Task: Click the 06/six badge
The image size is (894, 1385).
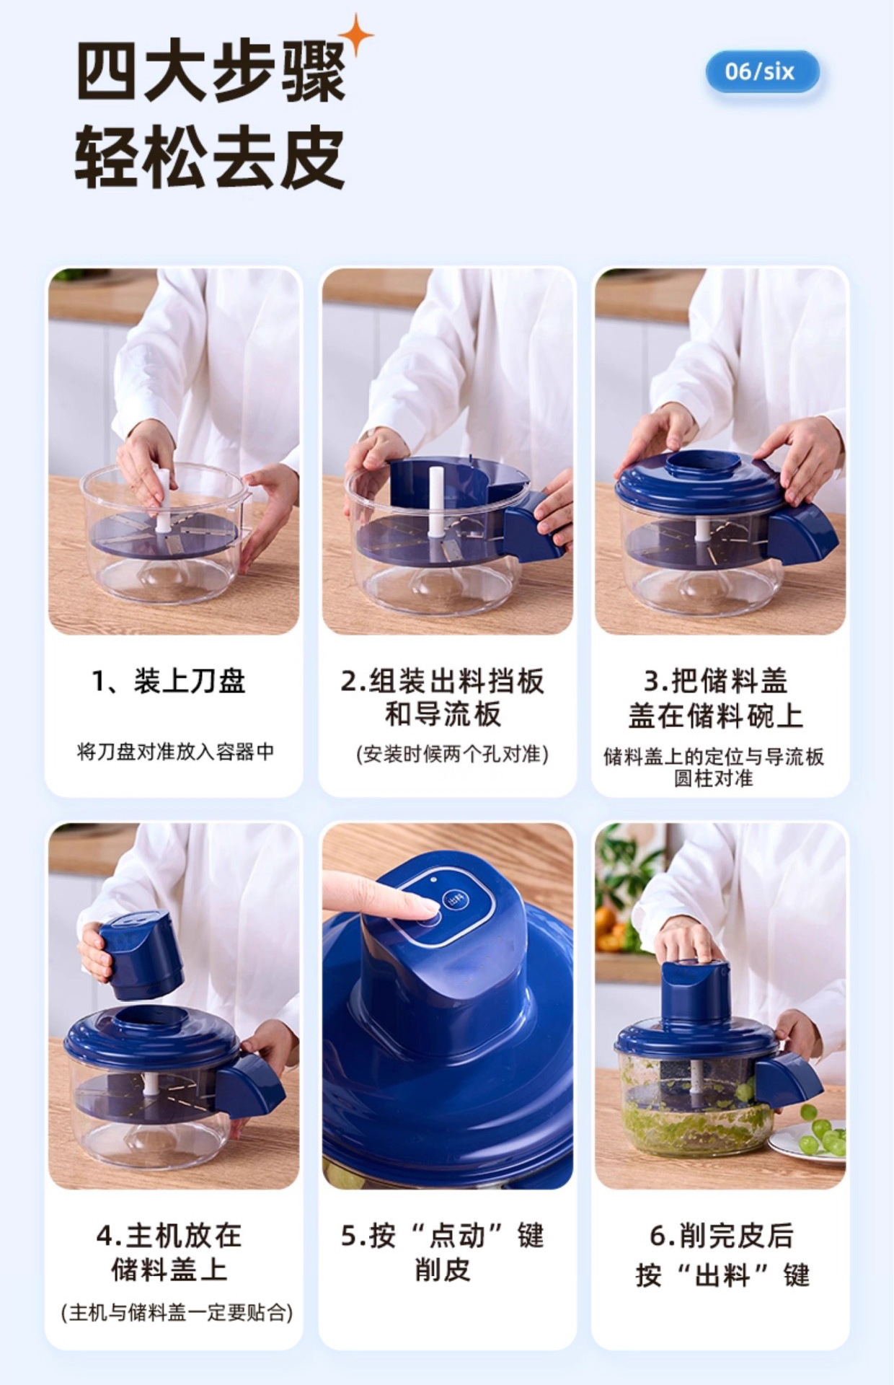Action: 762,71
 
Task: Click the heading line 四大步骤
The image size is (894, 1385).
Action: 211,73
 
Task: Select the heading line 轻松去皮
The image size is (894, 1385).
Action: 210,158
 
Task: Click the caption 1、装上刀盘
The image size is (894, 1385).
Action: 169,681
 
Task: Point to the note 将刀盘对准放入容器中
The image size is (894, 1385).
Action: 175,752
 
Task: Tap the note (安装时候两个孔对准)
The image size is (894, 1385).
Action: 452,754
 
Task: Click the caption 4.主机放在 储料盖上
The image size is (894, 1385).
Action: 169,1252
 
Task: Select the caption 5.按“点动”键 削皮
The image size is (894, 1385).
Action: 443,1252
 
